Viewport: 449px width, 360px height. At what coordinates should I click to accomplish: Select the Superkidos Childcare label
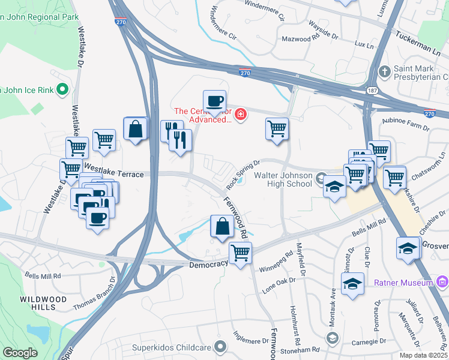tap(181, 346)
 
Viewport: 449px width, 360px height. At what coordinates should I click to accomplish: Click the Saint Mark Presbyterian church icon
tap(385, 72)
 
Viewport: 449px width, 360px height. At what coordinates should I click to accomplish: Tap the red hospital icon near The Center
tap(240, 114)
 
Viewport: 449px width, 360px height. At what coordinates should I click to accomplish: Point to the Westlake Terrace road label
tap(114, 174)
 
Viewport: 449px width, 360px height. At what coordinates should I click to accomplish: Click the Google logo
tap(20, 352)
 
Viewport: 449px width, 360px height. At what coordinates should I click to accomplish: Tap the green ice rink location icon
tap(61, 91)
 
